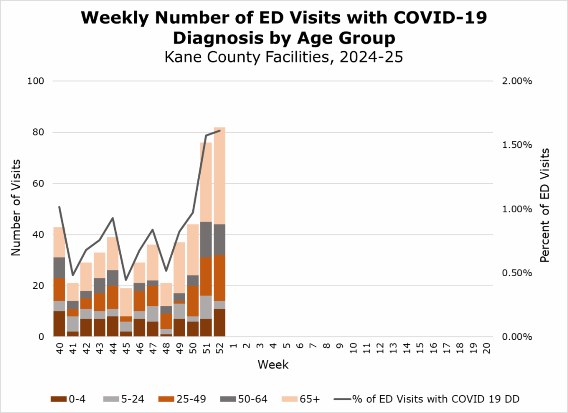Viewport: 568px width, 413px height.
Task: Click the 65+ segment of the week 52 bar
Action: (x=220, y=175)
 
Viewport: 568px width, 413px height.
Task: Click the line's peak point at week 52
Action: (x=220, y=131)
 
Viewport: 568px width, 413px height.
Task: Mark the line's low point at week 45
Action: (x=126, y=280)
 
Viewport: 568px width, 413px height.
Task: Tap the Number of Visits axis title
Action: (x=16, y=209)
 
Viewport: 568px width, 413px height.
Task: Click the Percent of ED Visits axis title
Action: (x=545, y=205)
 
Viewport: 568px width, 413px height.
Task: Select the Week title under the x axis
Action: (x=273, y=365)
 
